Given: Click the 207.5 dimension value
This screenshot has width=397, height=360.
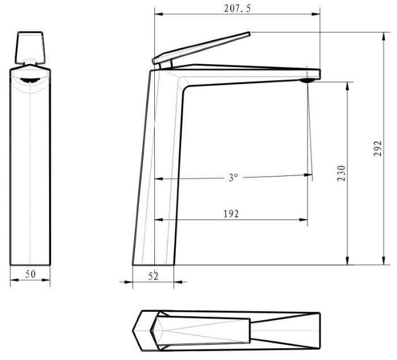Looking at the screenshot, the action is tap(237, 9).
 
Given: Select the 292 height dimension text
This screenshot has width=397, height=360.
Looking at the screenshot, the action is tap(378, 149).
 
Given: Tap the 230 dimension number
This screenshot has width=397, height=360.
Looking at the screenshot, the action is tap(341, 173).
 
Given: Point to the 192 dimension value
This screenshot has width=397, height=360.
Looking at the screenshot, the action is tap(231, 214).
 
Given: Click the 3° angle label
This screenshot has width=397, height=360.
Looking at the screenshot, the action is tap(233, 177).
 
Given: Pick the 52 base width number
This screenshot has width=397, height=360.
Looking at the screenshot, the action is tap(153, 276).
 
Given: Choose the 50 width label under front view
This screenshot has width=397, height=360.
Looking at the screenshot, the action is tap(31, 274).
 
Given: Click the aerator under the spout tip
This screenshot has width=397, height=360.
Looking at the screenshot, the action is tap(307, 81).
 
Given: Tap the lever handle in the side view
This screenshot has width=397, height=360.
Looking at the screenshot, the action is tap(201, 48).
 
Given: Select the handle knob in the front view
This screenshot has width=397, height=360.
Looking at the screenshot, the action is tap(30, 47).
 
